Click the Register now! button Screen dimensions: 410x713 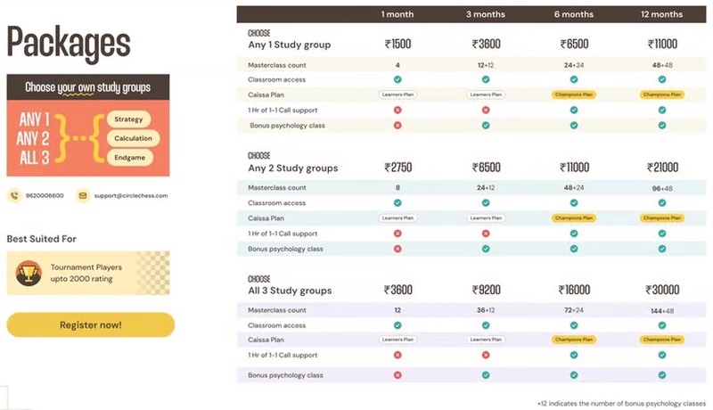click(90, 324)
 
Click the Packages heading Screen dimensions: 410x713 click(69, 42)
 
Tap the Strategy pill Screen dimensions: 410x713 click(129, 119)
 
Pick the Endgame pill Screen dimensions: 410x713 click(129, 157)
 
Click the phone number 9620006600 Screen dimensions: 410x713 click(45, 195)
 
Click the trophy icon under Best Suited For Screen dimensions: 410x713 click(29, 272)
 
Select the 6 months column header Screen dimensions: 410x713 click(573, 14)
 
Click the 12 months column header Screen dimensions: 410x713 click(661, 14)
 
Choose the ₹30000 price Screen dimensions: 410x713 click(661, 290)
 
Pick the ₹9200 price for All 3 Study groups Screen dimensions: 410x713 click(486, 290)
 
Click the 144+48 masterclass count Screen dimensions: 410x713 click(661, 309)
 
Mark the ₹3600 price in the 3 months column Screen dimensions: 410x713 click(486, 43)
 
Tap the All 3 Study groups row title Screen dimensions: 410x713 click(290, 291)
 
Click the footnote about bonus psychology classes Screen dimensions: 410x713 click(621, 402)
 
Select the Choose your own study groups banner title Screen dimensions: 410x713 click(87, 87)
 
